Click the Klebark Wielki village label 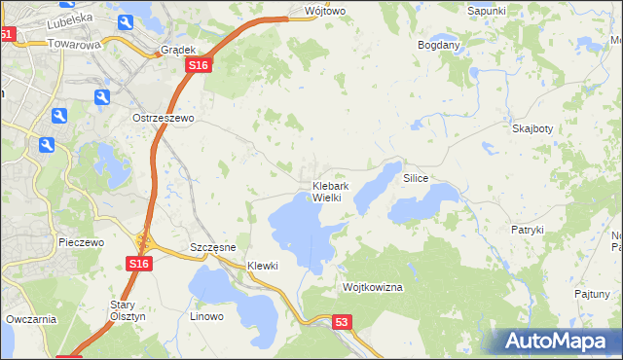(x=325, y=192)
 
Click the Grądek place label (x=178, y=50)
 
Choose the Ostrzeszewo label (x=164, y=118)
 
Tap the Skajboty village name (x=531, y=128)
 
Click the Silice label (x=416, y=179)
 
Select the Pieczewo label (x=81, y=242)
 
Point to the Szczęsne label (x=213, y=247)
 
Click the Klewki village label (x=263, y=266)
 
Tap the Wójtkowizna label (x=373, y=288)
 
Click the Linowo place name (x=206, y=316)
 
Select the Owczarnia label (x=31, y=318)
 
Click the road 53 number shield (x=341, y=322)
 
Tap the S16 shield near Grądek (x=199, y=64)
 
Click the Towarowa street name (x=74, y=44)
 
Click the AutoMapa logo (x=558, y=341)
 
